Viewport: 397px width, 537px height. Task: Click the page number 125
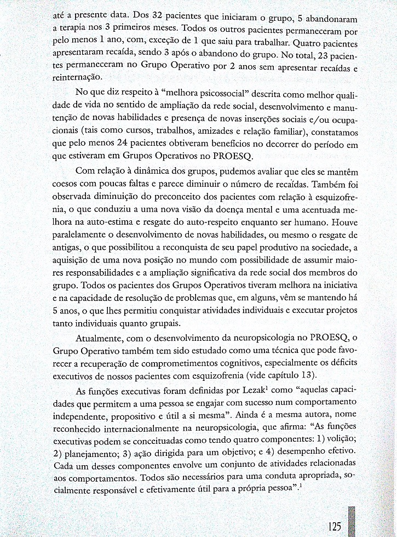335,527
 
